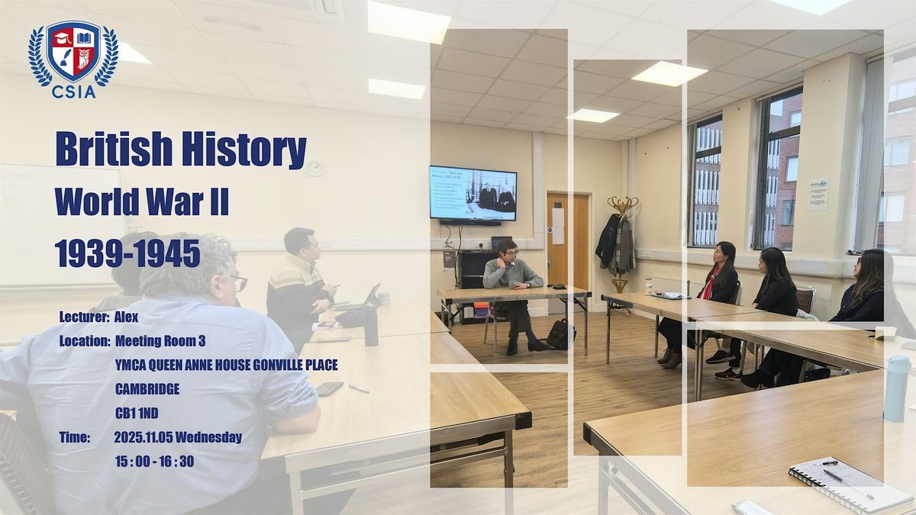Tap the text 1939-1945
point(127,253)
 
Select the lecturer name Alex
point(126,317)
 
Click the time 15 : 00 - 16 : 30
point(153,461)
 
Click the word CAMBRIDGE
point(147,389)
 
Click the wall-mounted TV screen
point(473,193)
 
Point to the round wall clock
point(314,168)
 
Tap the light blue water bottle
point(896,388)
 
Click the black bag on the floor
point(560,333)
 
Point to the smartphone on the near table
point(329,388)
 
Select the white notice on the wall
point(818,194)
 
